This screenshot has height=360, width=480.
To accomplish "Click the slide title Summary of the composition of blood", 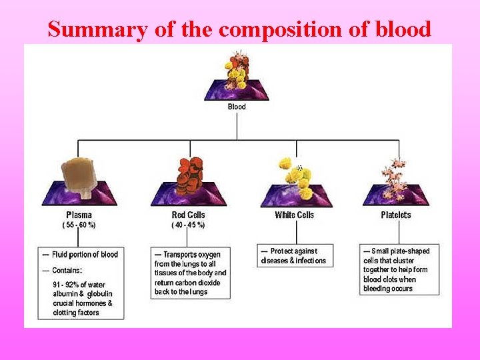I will [239, 29].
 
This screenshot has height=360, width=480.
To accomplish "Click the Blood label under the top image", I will [237, 107].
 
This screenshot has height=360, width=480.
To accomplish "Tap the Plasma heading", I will [79, 215].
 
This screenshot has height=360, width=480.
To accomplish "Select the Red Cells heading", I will [189, 215].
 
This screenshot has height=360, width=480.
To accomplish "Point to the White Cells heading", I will [294, 215].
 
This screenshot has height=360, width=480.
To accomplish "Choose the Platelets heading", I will [396, 215].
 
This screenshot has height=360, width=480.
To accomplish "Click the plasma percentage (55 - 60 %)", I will [79, 225].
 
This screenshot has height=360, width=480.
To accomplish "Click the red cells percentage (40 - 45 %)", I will [189, 225].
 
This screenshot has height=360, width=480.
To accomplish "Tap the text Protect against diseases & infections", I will [294, 256].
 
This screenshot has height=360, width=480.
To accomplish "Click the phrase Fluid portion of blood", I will [85, 255].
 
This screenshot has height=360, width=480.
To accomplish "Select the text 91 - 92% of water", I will [79, 285].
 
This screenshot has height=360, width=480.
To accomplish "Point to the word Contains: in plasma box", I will [67, 271].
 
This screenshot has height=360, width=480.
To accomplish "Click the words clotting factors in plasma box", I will [76, 313].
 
